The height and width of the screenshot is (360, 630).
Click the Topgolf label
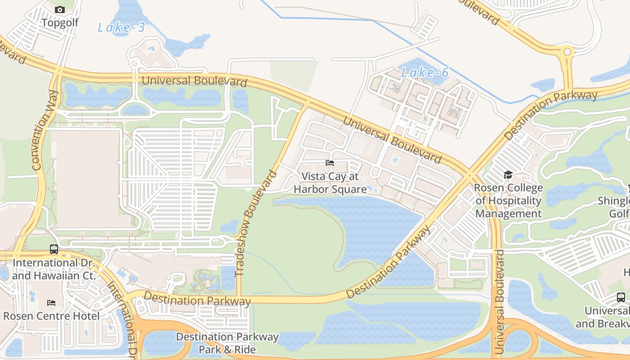click(x=60, y=22)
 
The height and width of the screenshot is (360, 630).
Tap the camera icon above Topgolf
click(x=60, y=9)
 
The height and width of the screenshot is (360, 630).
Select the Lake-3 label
click(x=121, y=27)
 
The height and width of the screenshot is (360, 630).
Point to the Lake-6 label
click(x=425, y=72)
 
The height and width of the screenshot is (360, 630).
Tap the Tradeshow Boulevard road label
click(x=255, y=223)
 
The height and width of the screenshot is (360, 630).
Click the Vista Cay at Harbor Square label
click(x=330, y=183)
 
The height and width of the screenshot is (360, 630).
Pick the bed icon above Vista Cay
click(x=330, y=163)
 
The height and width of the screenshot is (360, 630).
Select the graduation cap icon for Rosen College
click(x=508, y=175)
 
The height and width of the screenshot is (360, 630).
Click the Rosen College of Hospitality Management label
click(x=508, y=201)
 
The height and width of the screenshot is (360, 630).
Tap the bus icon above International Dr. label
click(x=54, y=249)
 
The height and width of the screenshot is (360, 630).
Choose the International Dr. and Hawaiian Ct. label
click(x=54, y=269)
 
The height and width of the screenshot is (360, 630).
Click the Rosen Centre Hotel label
click(x=51, y=316)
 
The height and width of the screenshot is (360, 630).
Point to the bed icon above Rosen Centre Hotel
click(x=51, y=303)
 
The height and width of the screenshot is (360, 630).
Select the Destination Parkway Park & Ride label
click(x=227, y=343)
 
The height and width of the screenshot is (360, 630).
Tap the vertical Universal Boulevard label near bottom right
click(x=499, y=301)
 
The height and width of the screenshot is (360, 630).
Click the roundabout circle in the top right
click(x=567, y=52)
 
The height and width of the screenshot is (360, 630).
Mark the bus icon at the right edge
click(x=621, y=297)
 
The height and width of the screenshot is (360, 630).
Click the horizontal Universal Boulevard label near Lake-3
click(x=194, y=81)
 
